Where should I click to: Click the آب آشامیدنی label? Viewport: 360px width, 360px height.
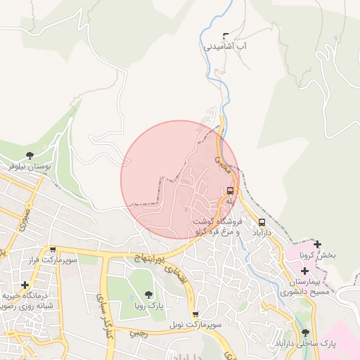click(x=227, y=46)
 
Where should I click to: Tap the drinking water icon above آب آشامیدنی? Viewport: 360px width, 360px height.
click(x=226, y=35)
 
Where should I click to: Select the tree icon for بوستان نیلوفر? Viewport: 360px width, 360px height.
click(x=30, y=155)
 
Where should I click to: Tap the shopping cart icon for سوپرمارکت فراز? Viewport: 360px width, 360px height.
click(x=52, y=250)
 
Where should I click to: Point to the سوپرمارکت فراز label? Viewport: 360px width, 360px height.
click(x=51, y=260)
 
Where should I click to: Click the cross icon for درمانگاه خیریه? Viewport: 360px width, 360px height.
click(x=25, y=285)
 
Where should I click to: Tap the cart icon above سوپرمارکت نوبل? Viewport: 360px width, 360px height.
click(x=195, y=314)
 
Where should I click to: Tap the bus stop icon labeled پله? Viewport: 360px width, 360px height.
click(x=230, y=191)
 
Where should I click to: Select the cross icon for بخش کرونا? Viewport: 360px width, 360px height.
click(x=318, y=245)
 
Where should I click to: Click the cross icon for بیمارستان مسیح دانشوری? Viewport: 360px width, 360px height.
click(x=304, y=271)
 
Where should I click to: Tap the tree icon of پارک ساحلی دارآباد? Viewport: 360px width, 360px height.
click(x=305, y=333)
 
